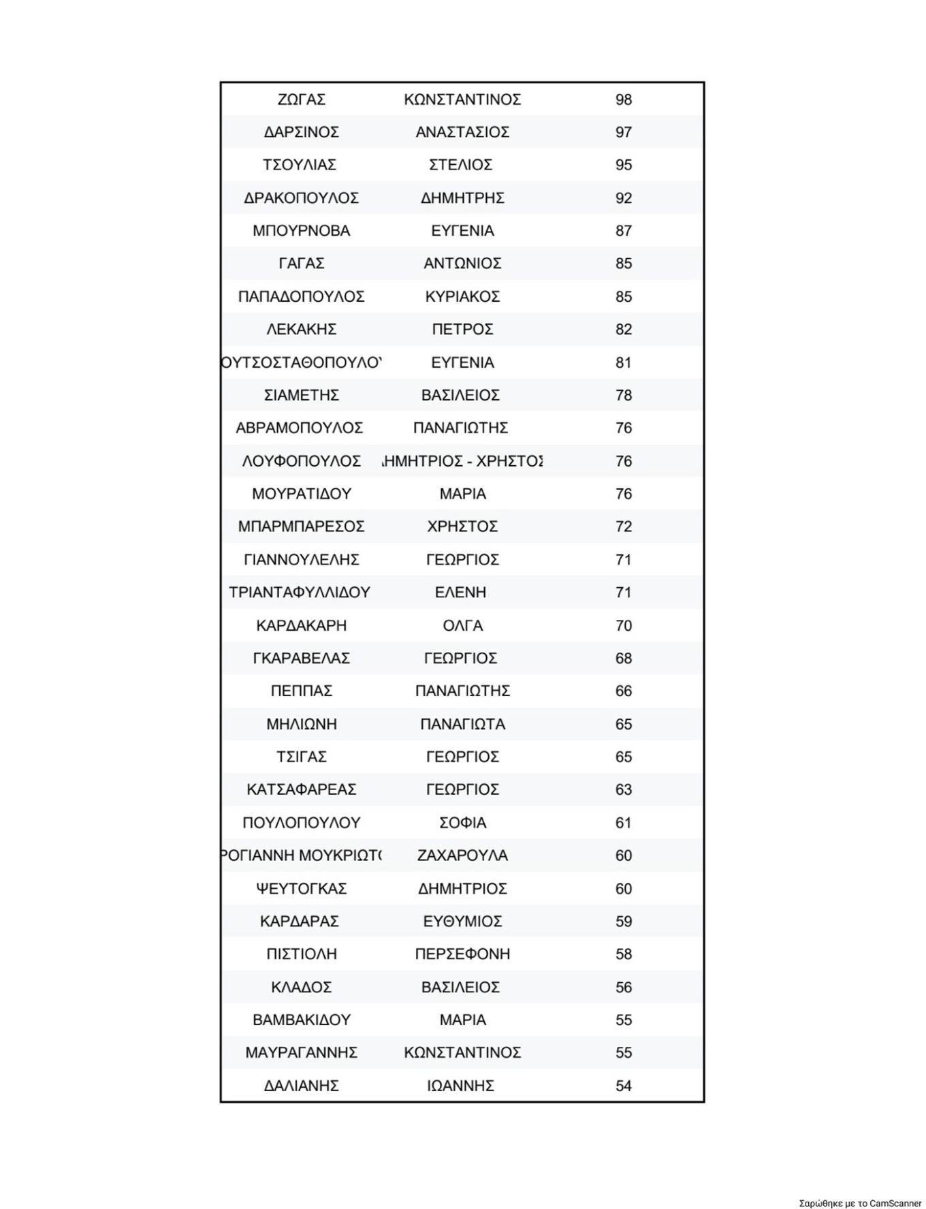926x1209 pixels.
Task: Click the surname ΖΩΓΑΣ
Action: pos(301,99)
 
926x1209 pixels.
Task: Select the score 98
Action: pos(623,99)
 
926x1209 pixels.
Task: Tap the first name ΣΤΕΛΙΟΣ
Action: pos(461,165)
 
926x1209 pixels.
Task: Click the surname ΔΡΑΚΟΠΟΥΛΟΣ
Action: pos(301,198)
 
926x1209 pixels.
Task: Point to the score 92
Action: pos(623,198)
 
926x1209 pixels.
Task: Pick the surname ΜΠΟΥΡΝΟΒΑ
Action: pos(301,231)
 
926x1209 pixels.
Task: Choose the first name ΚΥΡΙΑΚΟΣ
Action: pos(462,296)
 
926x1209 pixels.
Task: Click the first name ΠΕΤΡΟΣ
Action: pos(462,329)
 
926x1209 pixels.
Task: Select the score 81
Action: pos(623,362)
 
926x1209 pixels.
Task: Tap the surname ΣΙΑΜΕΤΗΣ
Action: pos(301,395)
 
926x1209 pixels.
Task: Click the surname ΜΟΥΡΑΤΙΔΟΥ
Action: pos(301,494)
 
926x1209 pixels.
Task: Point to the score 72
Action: pos(623,527)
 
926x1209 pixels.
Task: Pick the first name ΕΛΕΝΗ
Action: pos(461,593)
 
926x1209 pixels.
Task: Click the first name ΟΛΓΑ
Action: pos(462,625)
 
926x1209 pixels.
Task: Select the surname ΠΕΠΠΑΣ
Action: pos(301,691)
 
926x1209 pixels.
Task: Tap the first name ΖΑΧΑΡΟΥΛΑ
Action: pos(462,855)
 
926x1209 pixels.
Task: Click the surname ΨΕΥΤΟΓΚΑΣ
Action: pos(301,888)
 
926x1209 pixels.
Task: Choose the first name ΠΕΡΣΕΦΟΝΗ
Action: pos(462,954)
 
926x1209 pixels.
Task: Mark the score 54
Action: pos(623,1086)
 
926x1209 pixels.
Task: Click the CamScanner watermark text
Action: pos(860,1203)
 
